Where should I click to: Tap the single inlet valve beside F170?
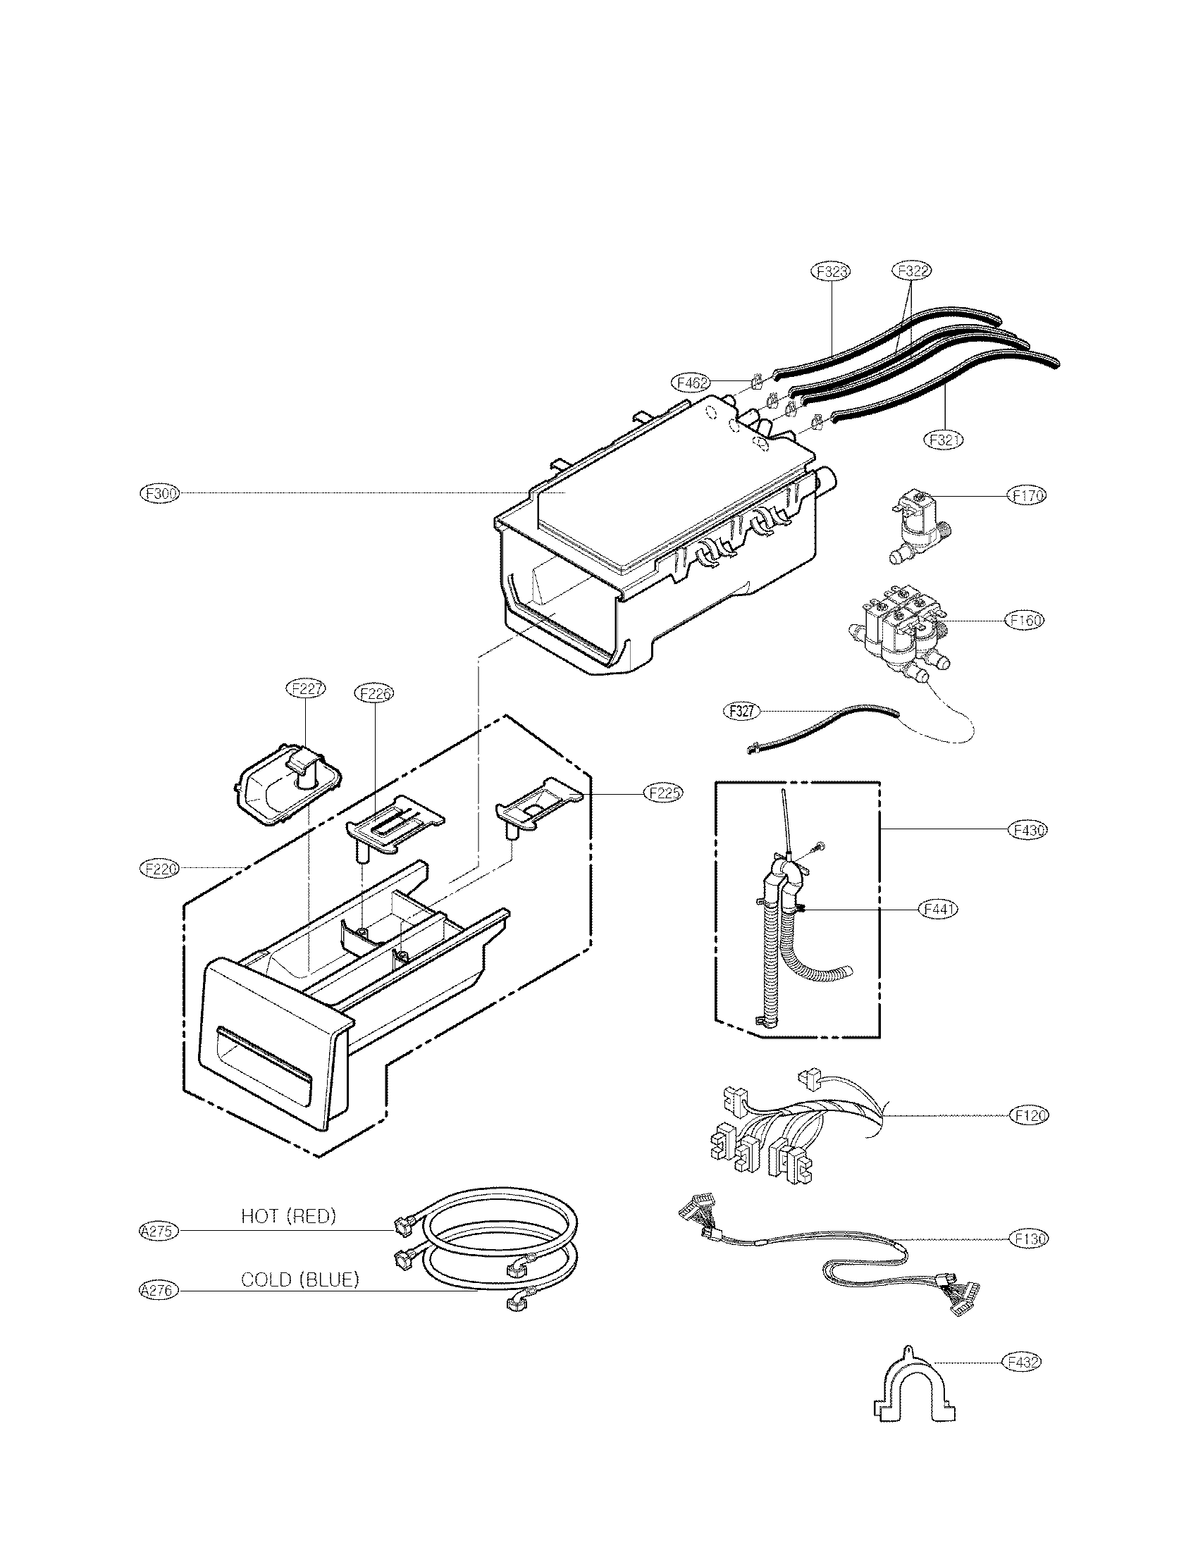(x=920, y=528)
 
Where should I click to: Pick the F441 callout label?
(x=937, y=908)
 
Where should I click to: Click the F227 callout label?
(x=305, y=688)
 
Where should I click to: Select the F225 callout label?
(x=663, y=793)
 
